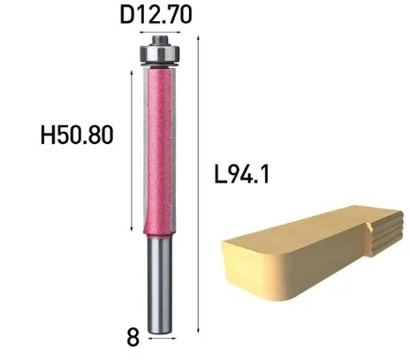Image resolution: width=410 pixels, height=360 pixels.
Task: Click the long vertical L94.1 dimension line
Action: (201, 177)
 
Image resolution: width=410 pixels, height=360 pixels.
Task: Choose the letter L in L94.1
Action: (219, 174)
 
